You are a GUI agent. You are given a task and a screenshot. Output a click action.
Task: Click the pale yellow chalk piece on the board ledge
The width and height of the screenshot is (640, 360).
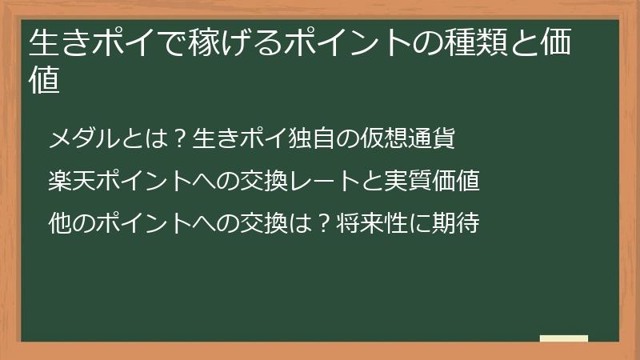coord(564,338)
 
